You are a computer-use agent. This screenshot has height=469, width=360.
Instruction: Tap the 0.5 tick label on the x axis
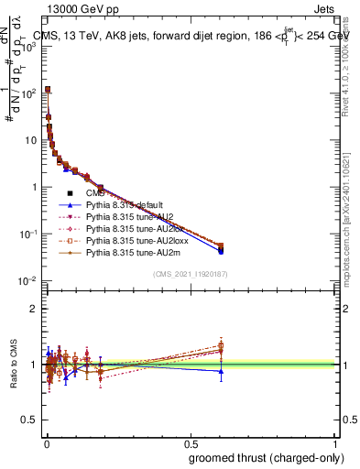tap(191, 443)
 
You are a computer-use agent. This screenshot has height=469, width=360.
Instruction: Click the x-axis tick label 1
tap(335, 443)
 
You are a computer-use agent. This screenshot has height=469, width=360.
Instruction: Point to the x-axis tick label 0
tap(46, 443)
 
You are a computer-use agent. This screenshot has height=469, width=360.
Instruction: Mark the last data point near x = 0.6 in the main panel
tap(220, 247)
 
